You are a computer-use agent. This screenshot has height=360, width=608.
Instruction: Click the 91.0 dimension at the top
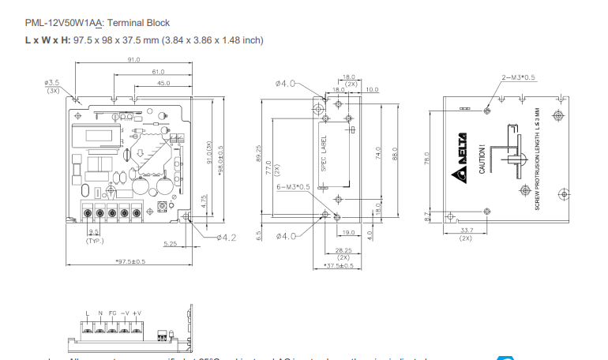[133, 59]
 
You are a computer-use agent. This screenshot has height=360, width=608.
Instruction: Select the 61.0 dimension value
[158, 71]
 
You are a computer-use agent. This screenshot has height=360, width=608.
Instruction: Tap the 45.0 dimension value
[163, 82]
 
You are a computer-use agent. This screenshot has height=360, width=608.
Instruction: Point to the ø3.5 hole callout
[53, 81]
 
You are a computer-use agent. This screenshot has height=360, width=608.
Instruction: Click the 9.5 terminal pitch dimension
[94, 231]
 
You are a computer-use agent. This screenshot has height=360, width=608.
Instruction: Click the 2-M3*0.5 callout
[519, 77]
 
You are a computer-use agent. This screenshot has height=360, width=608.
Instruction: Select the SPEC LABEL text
[323, 152]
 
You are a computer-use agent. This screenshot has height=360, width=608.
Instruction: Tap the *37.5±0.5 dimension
[340, 265]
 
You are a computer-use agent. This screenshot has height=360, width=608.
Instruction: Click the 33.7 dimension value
[466, 231]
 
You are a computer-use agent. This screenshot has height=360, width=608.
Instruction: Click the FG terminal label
[112, 313]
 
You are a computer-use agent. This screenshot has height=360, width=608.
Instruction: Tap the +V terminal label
[137, 313]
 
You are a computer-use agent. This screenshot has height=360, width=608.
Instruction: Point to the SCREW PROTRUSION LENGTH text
[537, 159]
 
